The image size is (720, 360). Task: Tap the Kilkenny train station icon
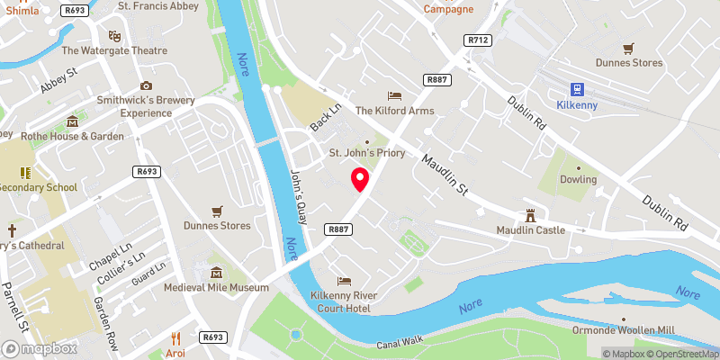pyautogui.click(x=576, y=89)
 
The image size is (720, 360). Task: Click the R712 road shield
pyautogui.click(x=477, y=40)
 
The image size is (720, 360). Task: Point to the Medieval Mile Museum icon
pyautogui.click(x=216, y=273)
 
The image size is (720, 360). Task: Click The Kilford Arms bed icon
pyautogui.click(x=394, y=95)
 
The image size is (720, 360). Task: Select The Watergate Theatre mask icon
pyautogui.click(x=114, y=36)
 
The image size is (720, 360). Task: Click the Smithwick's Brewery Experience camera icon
pyautogui.click(x=146, y=85)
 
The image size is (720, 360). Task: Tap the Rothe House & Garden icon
pyautogui.click(x=73, y=121)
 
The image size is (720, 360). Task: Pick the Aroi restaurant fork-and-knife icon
pyautogui.click(x=175, y=338)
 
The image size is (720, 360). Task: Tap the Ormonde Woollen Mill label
pyautogui.click(x=623, y=331)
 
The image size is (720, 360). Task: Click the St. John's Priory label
pyautogui.click(x=365, y=152)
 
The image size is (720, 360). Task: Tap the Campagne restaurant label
pyautogui.click(x=447, y=9)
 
